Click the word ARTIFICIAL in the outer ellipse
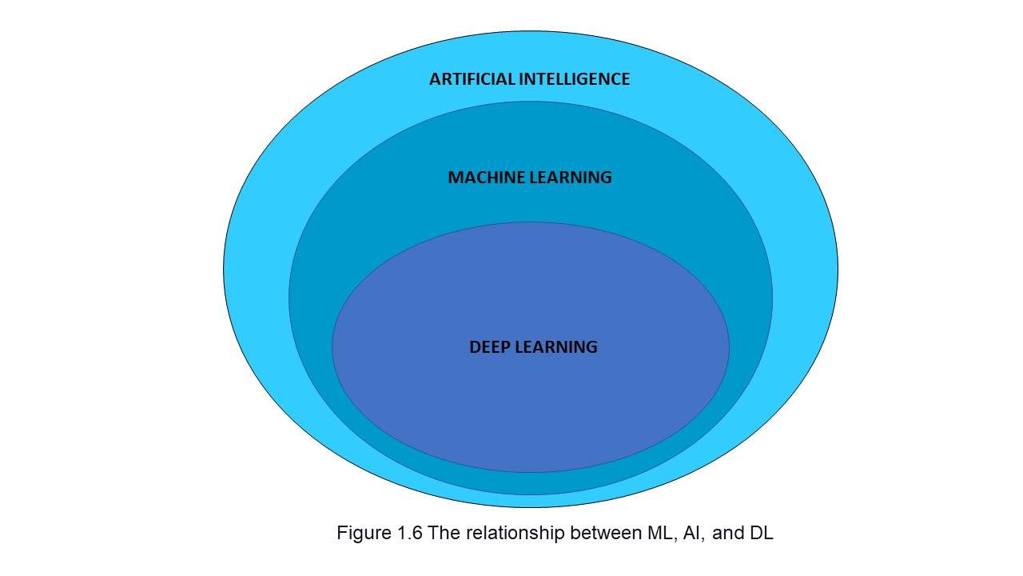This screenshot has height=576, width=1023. (x=472, y=79)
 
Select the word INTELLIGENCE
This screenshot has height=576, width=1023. (x=575, y=79)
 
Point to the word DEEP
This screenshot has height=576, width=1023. (x=490, y=347)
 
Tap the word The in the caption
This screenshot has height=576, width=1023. (x=444, y=533)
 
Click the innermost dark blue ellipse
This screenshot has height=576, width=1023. (x=530, y=402)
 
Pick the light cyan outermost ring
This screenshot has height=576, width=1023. (x=256, y=270)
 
